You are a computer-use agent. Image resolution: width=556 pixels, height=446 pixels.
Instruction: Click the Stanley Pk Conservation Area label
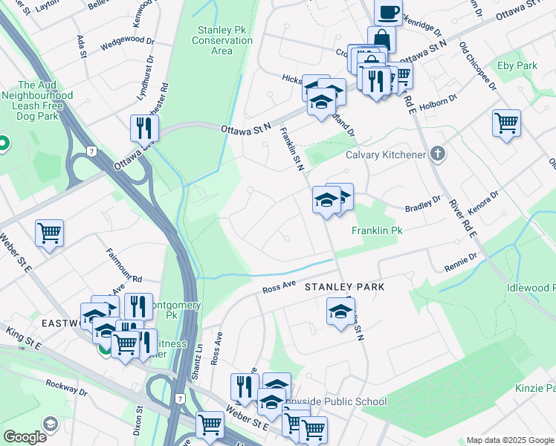[222, 40]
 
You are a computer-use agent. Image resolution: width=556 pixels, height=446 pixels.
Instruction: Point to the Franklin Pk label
[377, 231]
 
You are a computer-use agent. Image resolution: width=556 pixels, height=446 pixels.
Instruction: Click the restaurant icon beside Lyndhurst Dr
[143, 128]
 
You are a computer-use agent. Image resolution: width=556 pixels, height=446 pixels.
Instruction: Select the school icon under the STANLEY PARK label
[340, 311]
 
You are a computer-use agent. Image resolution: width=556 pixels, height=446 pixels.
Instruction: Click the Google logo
[25, 436]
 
